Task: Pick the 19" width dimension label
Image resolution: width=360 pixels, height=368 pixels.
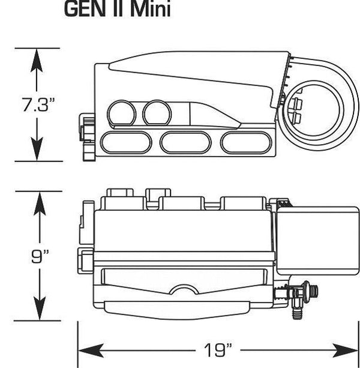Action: click(218, 349)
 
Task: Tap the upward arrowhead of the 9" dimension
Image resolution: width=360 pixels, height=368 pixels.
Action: click(39, 202)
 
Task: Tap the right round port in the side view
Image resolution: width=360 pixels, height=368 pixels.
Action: click(157, 112)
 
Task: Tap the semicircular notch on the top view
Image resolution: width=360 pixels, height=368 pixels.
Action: click(183, 292)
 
